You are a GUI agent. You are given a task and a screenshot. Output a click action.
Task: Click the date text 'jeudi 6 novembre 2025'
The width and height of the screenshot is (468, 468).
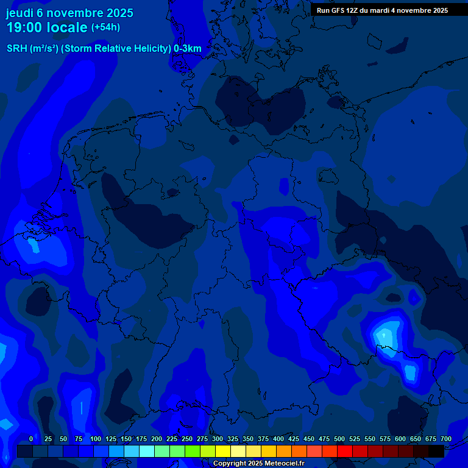pyautogui.click(x=69, y=13)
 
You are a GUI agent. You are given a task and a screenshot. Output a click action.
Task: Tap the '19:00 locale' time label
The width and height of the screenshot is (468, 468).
pyautogui.click(x=46, y=27)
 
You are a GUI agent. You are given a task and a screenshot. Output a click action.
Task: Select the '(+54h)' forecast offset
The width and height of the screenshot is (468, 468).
pyautogui.click(x=105, y=27)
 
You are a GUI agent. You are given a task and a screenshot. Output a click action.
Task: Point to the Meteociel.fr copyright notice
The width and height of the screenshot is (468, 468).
pyautogui.click(x=258, y=463)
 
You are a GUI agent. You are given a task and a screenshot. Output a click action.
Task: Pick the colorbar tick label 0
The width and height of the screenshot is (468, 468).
pyautogui.click(x=31, y=439)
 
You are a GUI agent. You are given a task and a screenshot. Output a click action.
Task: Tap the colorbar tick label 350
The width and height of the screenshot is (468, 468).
pyautogui.click(x=248, y=439)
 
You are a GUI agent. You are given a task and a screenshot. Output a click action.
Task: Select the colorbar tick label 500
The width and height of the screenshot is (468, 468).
pyautogui.click(x=339, y=439)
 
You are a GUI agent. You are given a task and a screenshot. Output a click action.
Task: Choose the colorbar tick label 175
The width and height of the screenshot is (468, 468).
pyautogui.click(x=141, y=439)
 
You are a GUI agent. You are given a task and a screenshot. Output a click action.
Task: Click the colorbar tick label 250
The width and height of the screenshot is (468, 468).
pyautogui.click(x=187, y=439)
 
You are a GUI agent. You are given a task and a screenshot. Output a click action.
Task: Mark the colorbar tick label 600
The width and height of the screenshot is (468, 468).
pyautogui.click(x=400, y=439)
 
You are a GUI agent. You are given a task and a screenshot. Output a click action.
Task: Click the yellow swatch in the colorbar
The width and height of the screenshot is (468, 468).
pyautogui.click(x=223, y=451)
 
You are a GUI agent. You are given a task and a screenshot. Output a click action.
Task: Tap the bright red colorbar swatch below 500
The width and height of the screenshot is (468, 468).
pyautogui.click(x=345, y=451)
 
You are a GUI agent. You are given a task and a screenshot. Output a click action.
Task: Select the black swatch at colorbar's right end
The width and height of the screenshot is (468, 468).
pyautogui.click(x=436, y=451)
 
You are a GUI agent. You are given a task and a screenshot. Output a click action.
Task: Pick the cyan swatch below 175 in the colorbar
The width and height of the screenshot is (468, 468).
pyautogui.click(x=147, y=451)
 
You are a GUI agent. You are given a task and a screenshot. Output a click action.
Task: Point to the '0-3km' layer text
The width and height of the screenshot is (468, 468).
pyautogui.click(x=188, y=49)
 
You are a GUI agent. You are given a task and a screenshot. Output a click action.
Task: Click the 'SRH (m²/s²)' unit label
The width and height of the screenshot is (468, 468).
pyautogui.click(x=32, y=49)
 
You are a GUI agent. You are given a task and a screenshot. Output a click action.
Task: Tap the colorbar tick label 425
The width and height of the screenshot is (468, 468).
pyautogui.click(x=294, y=439)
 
